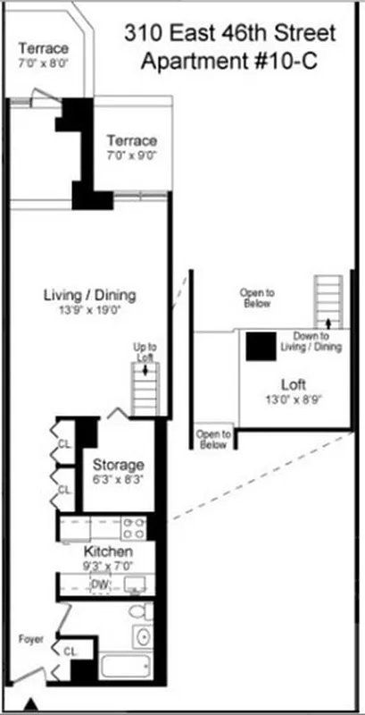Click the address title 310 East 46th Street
230,35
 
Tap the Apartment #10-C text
230,63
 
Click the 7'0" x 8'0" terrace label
43,63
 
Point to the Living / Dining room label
95,296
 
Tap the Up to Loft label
145,351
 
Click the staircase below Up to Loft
145,389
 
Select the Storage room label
119,466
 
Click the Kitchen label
108,551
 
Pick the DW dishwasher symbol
101,585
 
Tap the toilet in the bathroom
138,614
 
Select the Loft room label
294,385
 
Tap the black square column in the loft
261,346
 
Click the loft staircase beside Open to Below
328,299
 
